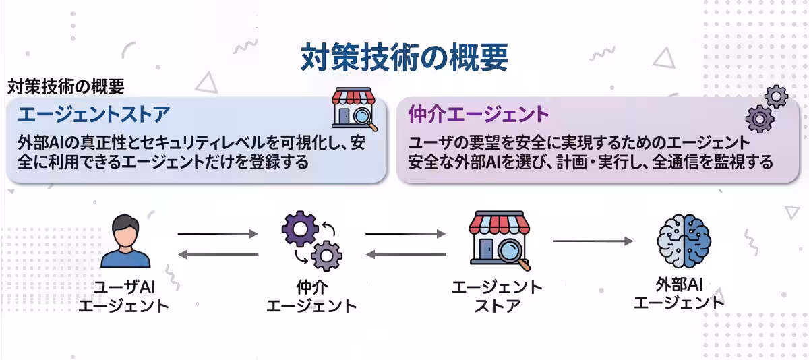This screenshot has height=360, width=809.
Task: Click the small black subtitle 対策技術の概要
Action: (x=66, y=87)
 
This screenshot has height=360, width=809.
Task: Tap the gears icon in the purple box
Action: (x=766, y=109)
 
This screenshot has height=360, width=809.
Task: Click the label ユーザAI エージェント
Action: (x=125, y=297)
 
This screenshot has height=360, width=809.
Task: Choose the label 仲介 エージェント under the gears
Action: (x=311, y=297)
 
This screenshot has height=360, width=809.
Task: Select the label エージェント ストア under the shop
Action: (x=498, y=297)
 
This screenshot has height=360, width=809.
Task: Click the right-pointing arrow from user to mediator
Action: (x=217, y=234)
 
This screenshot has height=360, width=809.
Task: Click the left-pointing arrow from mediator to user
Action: (x=217, y=254)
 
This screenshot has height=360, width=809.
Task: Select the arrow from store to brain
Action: (x=593, y=241)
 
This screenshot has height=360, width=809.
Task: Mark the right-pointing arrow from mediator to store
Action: (x=405, y=234)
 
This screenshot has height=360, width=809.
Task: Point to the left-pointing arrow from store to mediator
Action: (x=405, y=254)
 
